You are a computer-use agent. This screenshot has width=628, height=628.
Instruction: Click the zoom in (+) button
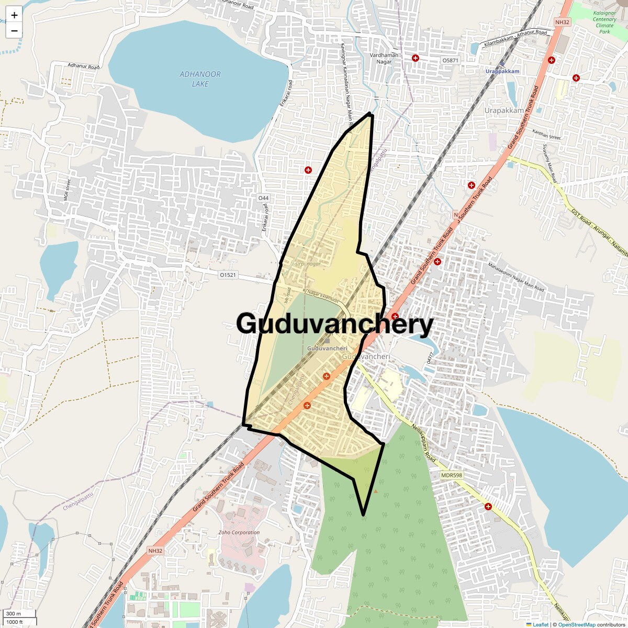[x=14, y=15]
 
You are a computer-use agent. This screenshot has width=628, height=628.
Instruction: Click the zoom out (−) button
[x=14, y=30]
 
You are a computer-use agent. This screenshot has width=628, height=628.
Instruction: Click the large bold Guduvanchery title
[x=335, y=324]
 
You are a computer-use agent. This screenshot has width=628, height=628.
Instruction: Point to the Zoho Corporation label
[x=239, y=533]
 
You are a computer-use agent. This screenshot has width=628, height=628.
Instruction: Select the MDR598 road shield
[x=451, y=475]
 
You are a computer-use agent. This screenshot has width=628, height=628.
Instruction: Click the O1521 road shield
[x=228, y=275]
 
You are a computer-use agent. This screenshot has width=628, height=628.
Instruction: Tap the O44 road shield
[x=263, y=198]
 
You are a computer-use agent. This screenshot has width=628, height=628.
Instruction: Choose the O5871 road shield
[x=450, y=61]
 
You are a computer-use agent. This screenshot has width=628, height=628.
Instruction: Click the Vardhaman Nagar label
[x=385, y=58]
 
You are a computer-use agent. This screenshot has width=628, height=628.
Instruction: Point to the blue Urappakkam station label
[x=502, y=71]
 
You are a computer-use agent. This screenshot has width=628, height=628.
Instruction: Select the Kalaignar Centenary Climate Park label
[x=604, y=19]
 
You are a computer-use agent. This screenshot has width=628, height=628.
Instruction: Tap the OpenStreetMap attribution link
[x=576, y=624]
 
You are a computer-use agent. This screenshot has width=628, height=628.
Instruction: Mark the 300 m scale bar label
[x=14, y=614]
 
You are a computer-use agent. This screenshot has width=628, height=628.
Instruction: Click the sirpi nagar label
[x=308, y=264]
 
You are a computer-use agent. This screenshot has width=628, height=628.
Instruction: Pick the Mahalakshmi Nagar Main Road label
[x=517, y=276]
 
